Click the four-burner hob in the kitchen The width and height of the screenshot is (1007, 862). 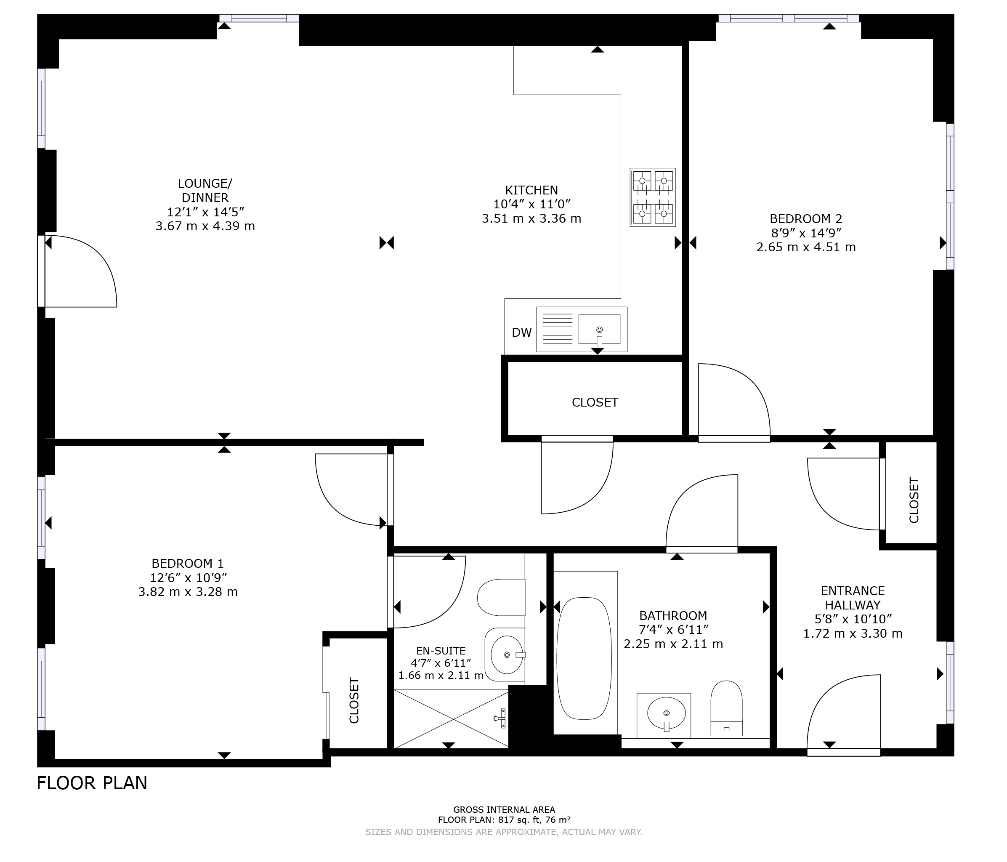(653, 197)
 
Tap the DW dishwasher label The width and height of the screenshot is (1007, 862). (521, 333)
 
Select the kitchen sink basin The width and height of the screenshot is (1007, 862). (599, 329)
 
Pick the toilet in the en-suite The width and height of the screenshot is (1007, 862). (501, 597)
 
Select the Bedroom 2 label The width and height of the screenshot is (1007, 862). (806, 219)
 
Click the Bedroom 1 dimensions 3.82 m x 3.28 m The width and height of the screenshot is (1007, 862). (188, 592)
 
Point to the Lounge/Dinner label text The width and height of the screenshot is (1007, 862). (205, 191)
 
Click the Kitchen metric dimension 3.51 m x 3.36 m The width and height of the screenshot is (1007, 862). (531, 219)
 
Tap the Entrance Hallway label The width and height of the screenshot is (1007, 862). (853, 598)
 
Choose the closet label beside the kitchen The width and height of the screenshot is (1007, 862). (595, 402)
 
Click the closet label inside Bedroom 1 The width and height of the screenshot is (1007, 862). (354, 700)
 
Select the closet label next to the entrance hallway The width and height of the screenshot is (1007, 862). (914, 500)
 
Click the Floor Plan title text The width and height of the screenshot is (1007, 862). (92, 783)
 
